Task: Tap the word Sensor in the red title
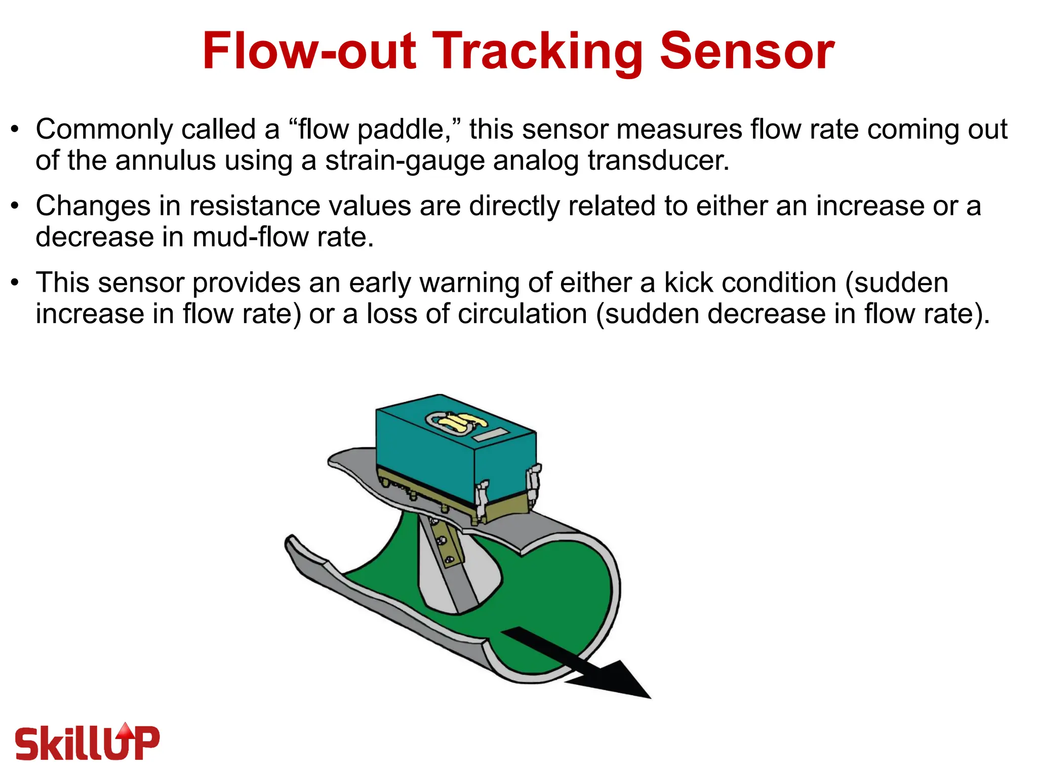pos(747,51)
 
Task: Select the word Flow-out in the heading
pos(309,51)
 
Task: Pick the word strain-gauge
pos(405,161)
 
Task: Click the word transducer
pos(658,161)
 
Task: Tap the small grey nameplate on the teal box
pos(490,434)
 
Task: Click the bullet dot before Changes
pos(16,206)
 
